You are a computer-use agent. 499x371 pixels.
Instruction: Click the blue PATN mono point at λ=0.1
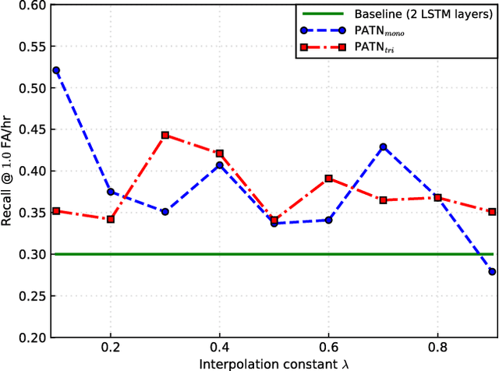[x=56, y=70]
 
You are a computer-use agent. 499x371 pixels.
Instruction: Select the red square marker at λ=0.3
[x=165, y=135]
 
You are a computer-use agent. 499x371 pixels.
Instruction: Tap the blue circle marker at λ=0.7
[x=383, y=147]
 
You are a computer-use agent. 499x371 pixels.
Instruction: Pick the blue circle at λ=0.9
[x=491, y=271]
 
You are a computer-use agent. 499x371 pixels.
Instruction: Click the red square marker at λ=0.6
[x=328, y=178]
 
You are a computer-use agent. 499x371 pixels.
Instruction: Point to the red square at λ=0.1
[x=56, y=210]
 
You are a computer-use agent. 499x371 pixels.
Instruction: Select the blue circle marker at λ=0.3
[x=165, y=211]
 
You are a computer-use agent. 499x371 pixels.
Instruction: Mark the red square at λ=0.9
[x=491, y=211]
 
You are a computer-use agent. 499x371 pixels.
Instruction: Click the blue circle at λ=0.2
[x=111, y=192]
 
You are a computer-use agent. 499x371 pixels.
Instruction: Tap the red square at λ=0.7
[x=383, y=200]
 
